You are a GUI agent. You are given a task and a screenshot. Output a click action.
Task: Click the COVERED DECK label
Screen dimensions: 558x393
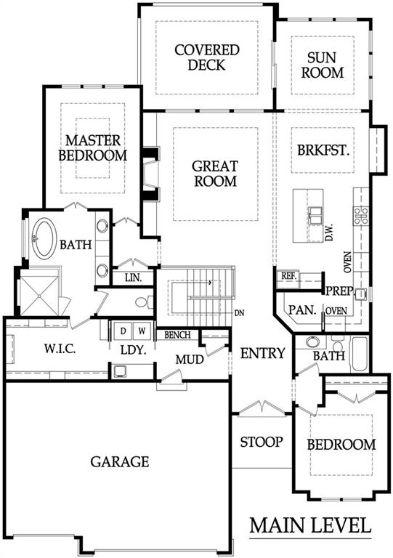[x=206, y=57]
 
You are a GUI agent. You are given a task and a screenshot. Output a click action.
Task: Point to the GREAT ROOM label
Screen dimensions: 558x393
[x=214, y=174]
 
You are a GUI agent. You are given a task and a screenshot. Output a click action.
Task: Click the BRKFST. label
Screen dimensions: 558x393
[x=324, y=152]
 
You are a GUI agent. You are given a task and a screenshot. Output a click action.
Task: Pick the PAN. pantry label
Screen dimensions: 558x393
[x=301, y=310]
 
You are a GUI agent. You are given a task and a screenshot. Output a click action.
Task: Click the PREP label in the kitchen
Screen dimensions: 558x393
[x=338, y=291]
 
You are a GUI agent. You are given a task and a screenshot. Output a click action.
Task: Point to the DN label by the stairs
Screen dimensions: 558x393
[x=240, y=314]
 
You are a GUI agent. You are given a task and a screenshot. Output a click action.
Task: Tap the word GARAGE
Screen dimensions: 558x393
[x=120, y=461]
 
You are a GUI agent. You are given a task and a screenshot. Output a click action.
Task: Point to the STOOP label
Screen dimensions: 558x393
[x=262, y=442]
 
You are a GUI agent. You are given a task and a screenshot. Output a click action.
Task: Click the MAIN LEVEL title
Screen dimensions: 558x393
[x=310, y=525]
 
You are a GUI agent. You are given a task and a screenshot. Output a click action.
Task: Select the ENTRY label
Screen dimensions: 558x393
[x=263, y=353]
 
